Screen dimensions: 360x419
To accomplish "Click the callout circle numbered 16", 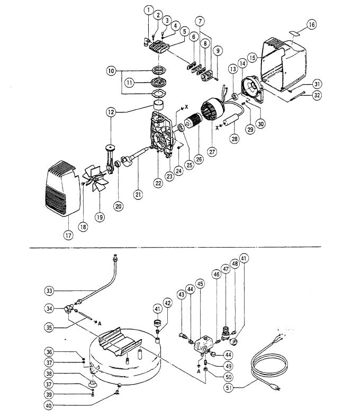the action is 311,24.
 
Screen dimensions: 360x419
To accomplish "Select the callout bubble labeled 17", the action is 68,235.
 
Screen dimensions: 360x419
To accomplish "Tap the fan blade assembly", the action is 95,177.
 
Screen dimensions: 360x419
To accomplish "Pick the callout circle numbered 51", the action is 229,387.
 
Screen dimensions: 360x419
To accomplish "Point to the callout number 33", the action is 49,290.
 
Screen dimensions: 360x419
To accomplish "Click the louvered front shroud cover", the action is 62,188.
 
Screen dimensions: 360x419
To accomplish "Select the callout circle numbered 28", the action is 235,139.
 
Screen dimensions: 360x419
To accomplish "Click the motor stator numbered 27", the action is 213,110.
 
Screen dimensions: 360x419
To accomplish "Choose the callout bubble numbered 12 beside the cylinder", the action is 111,112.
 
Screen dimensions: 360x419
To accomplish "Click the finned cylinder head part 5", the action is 159,47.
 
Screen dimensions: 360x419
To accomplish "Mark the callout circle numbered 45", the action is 200,284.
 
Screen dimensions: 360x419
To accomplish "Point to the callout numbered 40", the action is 48,406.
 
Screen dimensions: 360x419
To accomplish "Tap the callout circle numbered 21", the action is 138,194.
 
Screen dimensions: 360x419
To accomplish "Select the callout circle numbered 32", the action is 317,95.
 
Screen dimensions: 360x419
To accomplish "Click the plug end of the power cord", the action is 275,386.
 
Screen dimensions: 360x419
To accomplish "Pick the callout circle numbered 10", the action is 111,71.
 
